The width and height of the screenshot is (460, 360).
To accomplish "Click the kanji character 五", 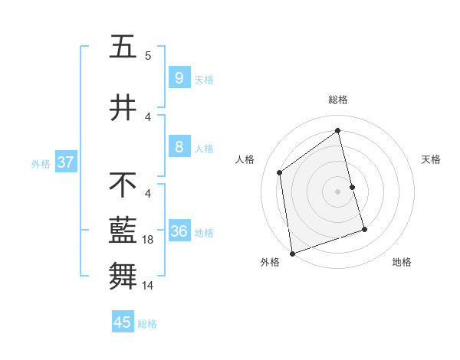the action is tap(123, 47).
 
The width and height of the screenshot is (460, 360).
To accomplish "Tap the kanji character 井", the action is tap(123, 107).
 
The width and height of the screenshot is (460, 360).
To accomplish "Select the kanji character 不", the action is tap(123, 185).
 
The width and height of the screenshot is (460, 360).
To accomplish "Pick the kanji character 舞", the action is tap(123, 275).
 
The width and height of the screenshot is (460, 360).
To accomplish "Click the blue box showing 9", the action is tap(179, 77).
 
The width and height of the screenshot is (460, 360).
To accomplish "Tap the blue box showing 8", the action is tap(179, 147).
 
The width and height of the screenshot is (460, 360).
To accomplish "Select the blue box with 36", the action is tap(179, 231).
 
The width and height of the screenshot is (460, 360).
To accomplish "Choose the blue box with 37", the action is tap(66, 162).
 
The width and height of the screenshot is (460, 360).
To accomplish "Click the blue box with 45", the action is tap(123, 322).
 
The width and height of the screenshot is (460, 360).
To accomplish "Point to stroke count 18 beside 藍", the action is tap(149, 240).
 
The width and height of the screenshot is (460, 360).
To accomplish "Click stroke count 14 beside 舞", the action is tap(149, 286).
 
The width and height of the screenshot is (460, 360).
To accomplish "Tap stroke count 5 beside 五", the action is tap(148, 55).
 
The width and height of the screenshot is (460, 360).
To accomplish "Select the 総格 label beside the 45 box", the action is tap(147, 324).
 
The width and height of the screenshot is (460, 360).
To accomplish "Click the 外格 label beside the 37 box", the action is tap(40, 163).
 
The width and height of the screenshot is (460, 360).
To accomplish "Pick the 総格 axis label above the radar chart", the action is tap(338, 100).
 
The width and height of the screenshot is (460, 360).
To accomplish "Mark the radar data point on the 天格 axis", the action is tap(352, 187).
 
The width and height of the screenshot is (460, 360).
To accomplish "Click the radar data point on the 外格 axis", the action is tap(291, 254).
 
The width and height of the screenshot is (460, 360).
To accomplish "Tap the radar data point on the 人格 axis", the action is tap(280, 172).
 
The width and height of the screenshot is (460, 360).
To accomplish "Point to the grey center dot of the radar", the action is tap(338, 191).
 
